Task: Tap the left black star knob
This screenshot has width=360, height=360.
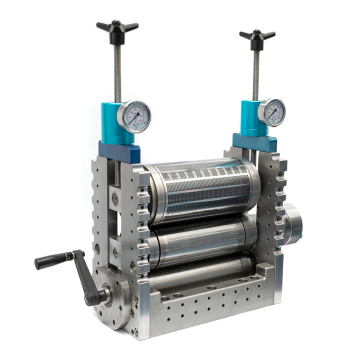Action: (117, 28)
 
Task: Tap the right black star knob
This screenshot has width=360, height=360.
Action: (257, 39)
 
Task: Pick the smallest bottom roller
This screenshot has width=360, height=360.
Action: (200, 272)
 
